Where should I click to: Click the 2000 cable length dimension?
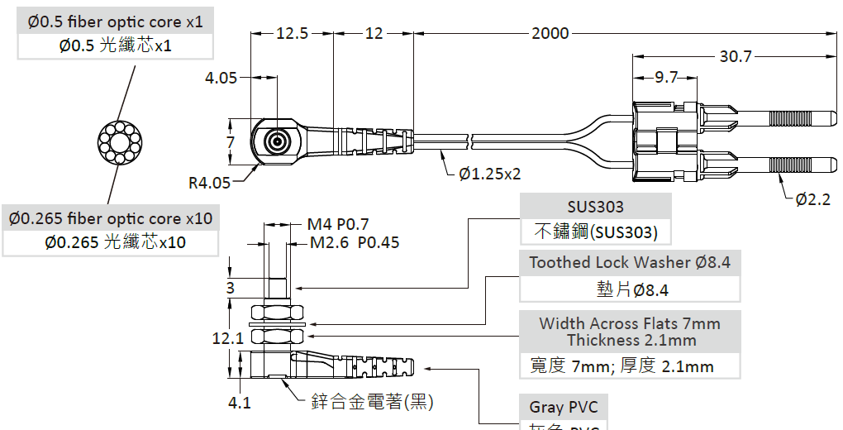[x=550, y=34]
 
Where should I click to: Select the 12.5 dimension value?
[x=292, y=34]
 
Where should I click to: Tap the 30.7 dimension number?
[x=736, y=57]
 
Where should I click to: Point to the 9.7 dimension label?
[x=666, y=78]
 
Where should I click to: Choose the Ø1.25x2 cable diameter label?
[x=490, y=174]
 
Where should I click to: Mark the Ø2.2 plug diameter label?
[x=813, y=199]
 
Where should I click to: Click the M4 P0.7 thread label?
[x=338, y=225]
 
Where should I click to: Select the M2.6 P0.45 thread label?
[x=355, y=243]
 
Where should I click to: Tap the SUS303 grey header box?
[x=595, y=207]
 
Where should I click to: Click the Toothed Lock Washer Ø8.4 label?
[x=630, y=263]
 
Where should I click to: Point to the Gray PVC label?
[x=563, y=407]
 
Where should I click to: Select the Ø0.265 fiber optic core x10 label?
[x=112, y=218]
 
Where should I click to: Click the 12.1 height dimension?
[x=227, y=337]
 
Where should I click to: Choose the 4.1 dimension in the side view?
[x=240, y=404]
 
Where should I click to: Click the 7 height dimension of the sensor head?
[x=231, y=142]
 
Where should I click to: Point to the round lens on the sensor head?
[x=276, y=143]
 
